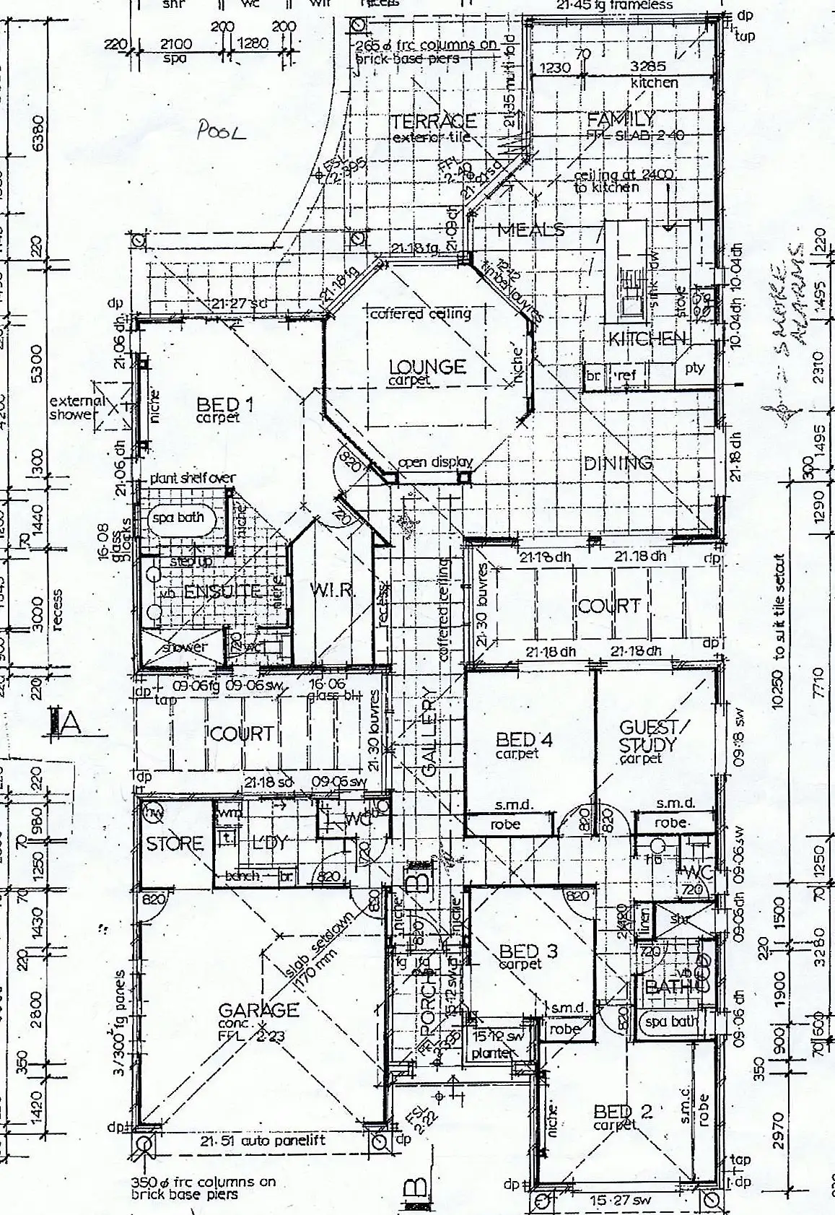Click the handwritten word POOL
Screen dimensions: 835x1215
pos(222,131)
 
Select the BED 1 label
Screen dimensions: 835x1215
pos(226,407)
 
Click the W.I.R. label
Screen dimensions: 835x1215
pos(333,590)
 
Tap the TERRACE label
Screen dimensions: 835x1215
pos(433,121)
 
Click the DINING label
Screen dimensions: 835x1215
pos(618,463)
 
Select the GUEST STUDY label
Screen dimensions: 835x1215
pos(647,736)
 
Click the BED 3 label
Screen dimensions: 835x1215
pos(528,951)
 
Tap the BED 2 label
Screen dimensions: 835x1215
pos(622,1112)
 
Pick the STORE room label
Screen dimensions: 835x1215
pos(175,843)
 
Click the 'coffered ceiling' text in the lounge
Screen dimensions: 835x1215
pos(420,313)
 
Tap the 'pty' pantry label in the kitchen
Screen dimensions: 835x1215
pos(694,368)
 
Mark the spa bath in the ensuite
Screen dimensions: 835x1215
pos(178,518)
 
